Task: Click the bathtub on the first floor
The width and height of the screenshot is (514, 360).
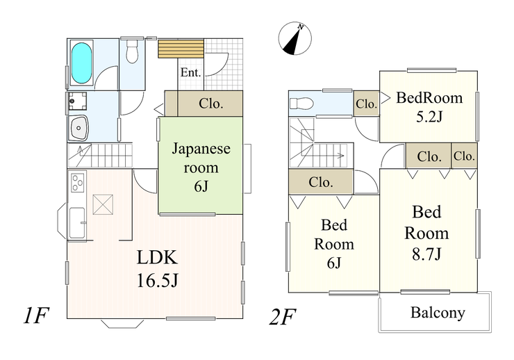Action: click(x=82, y=63)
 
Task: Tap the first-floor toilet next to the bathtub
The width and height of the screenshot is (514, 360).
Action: click(x=132, y=52)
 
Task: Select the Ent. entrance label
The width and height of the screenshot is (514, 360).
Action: click(x=191, y=72)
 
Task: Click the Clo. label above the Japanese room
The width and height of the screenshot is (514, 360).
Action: click(x=210, y=104)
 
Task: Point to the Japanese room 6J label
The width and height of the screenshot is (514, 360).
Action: click(x=201, y=167)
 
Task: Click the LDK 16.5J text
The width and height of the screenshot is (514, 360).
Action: click(x=157, y=269)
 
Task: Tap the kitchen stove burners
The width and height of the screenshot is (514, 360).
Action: click(x=76, y=184)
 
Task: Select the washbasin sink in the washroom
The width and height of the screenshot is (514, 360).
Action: click(x=78, y=129)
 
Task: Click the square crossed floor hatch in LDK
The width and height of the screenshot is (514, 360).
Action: click(x=104, y=205)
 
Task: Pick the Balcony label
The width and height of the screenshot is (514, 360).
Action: click(x=438, y=313)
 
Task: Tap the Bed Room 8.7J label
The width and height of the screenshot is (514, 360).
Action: click(x=426, y=232)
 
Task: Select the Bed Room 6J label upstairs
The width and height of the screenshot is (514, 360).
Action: click(x=333, y=244)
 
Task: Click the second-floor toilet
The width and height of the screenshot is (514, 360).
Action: click(x=303, y=104)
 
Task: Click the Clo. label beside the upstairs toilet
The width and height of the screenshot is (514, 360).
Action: click(x=366, y=105)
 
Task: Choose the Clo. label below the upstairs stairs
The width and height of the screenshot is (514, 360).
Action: click(x=321, y=183)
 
